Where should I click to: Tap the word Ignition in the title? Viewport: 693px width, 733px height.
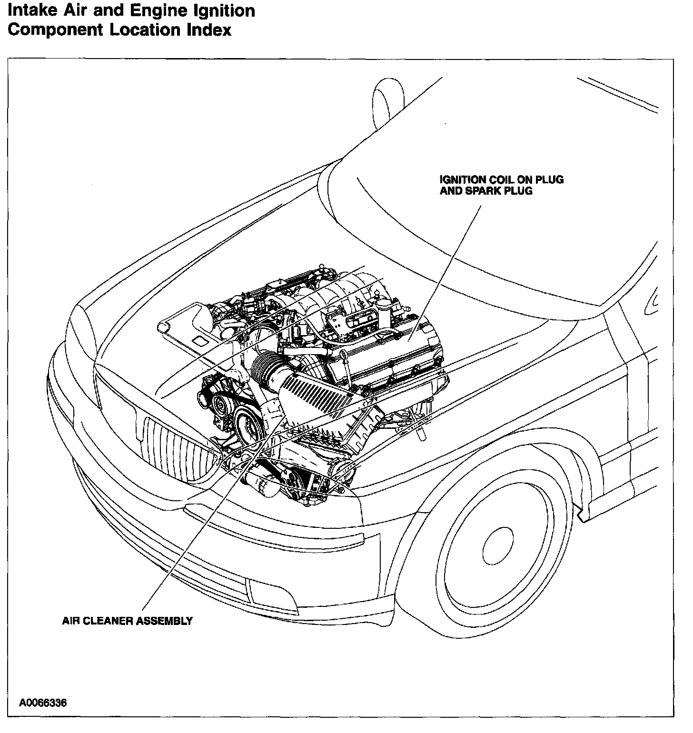tap(224, 11)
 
